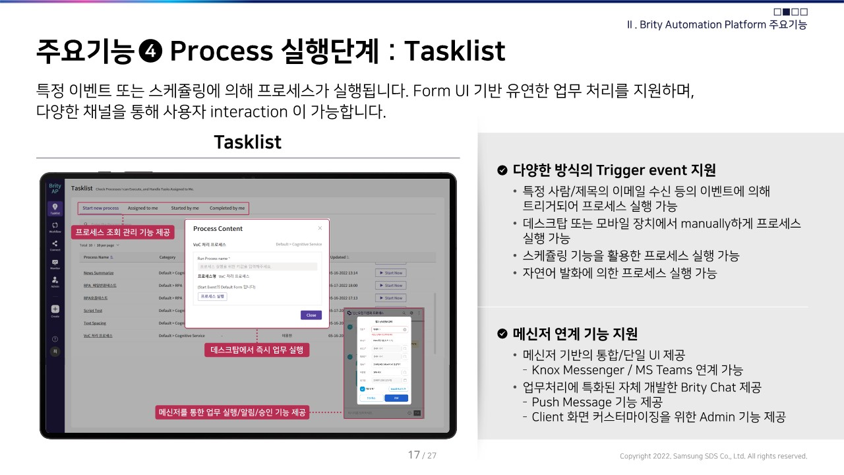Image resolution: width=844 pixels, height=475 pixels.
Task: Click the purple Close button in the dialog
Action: (x=311, y=315)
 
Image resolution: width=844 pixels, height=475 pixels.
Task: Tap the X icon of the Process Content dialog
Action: (x=320, y=228)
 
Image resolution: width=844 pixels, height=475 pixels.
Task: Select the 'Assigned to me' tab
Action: (x=142, y=208)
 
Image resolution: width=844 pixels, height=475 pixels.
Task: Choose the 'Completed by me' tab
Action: (x=227, y=208)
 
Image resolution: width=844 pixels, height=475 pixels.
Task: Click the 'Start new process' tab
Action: (x=101, y=208)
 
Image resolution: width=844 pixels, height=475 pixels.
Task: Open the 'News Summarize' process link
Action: (x=98, y=272)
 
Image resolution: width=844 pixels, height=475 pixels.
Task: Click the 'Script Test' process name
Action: (x=93, y=310)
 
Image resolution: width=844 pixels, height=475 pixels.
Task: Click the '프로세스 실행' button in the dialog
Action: (x=212, y=297)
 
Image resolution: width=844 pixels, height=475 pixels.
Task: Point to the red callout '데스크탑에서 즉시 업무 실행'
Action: (x=257, y=350)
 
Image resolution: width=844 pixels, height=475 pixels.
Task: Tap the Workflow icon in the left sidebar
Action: (x=55, y=226)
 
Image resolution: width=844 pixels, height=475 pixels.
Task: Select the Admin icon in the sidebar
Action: (x=55, y=281)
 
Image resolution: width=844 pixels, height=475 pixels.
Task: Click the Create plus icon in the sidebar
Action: (x=55, y=309)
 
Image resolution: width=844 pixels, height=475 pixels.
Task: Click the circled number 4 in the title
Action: (x=152, y=51)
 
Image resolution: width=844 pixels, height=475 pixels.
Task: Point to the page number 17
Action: (x=414, y=455)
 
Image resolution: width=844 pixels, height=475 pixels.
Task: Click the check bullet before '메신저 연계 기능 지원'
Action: (x=502, y=334)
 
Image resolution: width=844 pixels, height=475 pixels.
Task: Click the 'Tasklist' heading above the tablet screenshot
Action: (x=248, y=142)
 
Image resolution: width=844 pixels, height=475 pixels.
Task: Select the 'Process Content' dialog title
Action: (x=218, y=228)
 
